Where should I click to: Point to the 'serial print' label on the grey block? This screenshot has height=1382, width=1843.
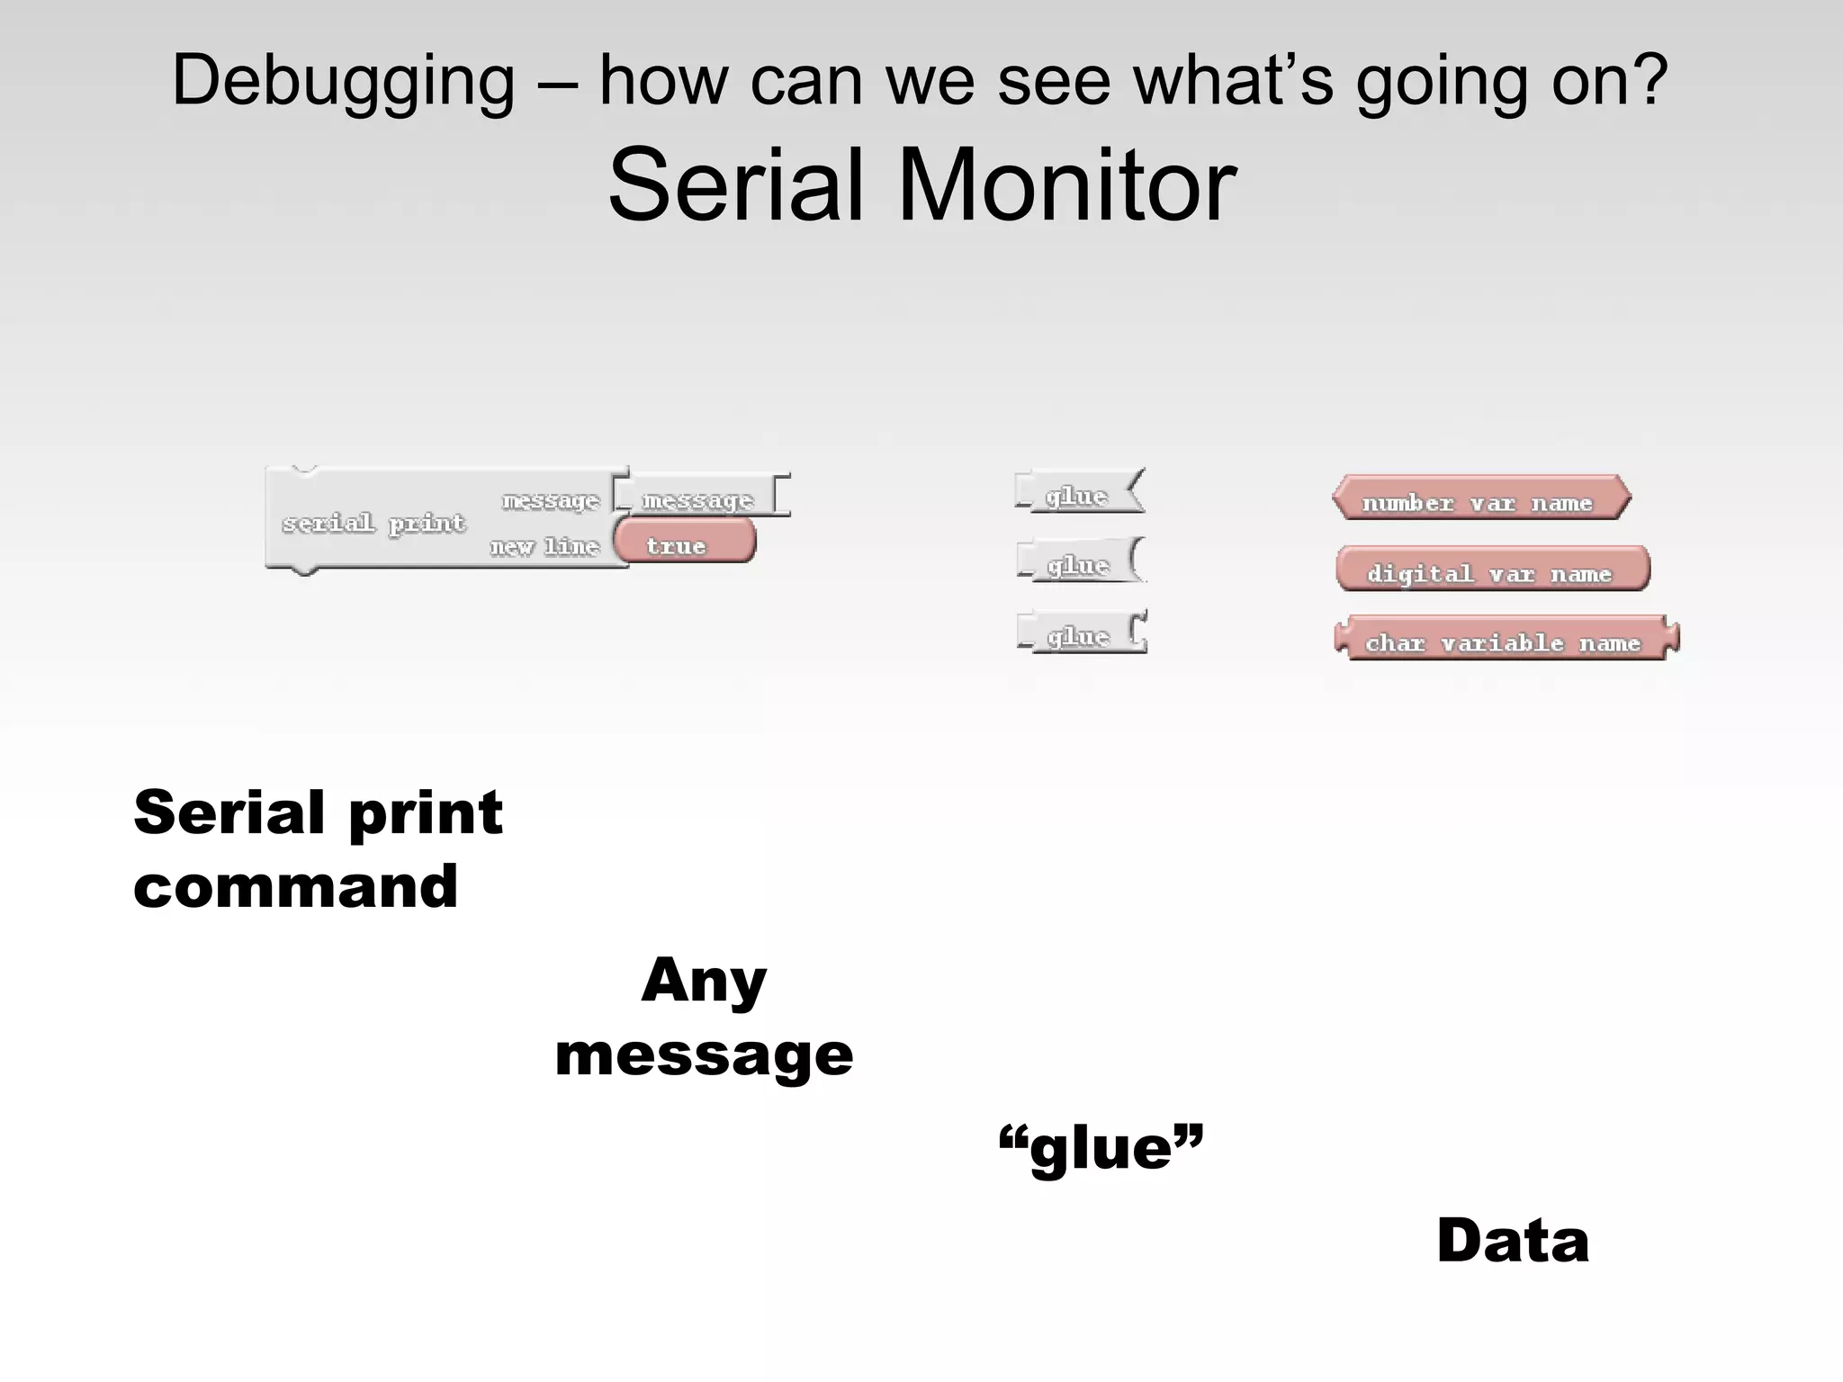[x=373, y=523]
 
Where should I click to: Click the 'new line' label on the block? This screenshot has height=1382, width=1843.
[x=544, y=546]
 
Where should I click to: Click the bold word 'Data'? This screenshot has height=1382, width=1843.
[x=1513, y=1241]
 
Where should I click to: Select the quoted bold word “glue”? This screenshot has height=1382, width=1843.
[x=1101, y=1149]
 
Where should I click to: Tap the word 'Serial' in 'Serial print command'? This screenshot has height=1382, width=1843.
[x=229, y=812]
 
